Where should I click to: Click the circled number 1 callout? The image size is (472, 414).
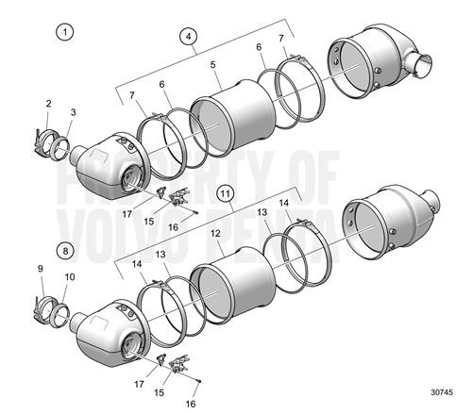tap(65, 32)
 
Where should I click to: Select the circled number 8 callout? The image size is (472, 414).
tap(64, 250)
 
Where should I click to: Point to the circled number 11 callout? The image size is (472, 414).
tap(225, 194)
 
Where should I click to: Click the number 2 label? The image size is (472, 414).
tap(49, 103)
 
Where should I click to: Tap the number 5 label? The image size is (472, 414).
tap(213, 65)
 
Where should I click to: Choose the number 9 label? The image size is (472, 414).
tap(41, 270)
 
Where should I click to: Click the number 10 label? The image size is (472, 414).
tap(68, 277)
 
